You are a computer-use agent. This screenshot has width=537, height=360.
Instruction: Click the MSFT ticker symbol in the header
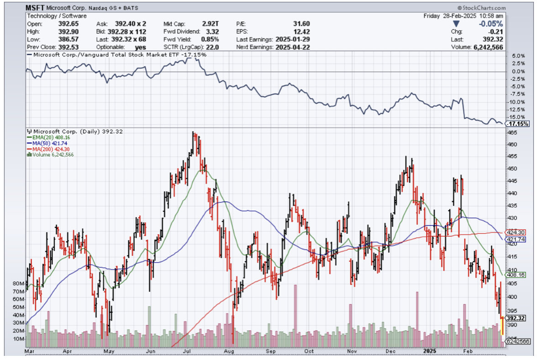click(36, 8)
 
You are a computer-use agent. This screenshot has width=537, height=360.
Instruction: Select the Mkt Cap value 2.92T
click(210, 24)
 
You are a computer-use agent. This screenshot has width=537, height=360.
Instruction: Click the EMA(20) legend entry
click(47, 137)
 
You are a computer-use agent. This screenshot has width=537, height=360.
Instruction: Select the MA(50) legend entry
click(46, 143)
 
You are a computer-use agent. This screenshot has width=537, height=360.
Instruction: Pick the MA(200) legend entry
click(47, 149)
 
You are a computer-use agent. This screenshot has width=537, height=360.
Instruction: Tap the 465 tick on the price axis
click(512, 132)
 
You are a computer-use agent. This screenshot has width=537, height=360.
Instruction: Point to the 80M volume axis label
click(18, 284)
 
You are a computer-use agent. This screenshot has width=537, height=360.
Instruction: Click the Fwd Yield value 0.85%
click(210, 39)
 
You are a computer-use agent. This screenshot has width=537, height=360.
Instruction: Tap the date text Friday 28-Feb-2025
click(449, 16)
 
